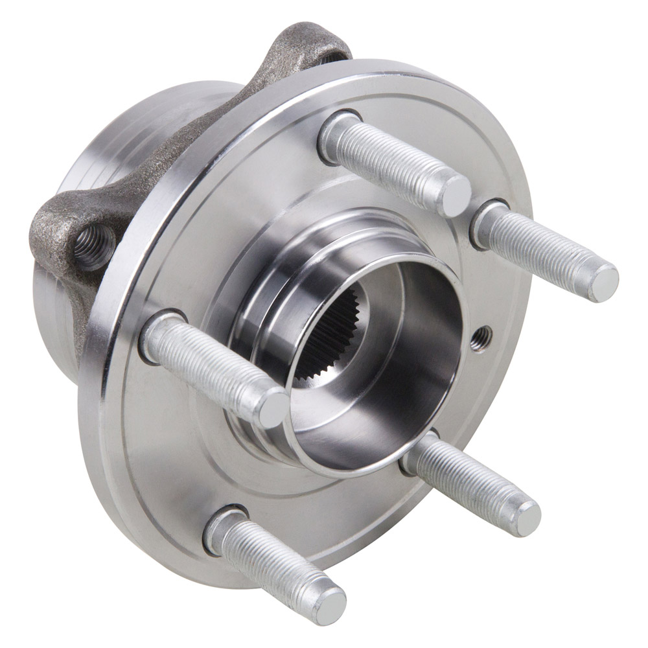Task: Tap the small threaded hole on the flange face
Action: pos(481,338)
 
